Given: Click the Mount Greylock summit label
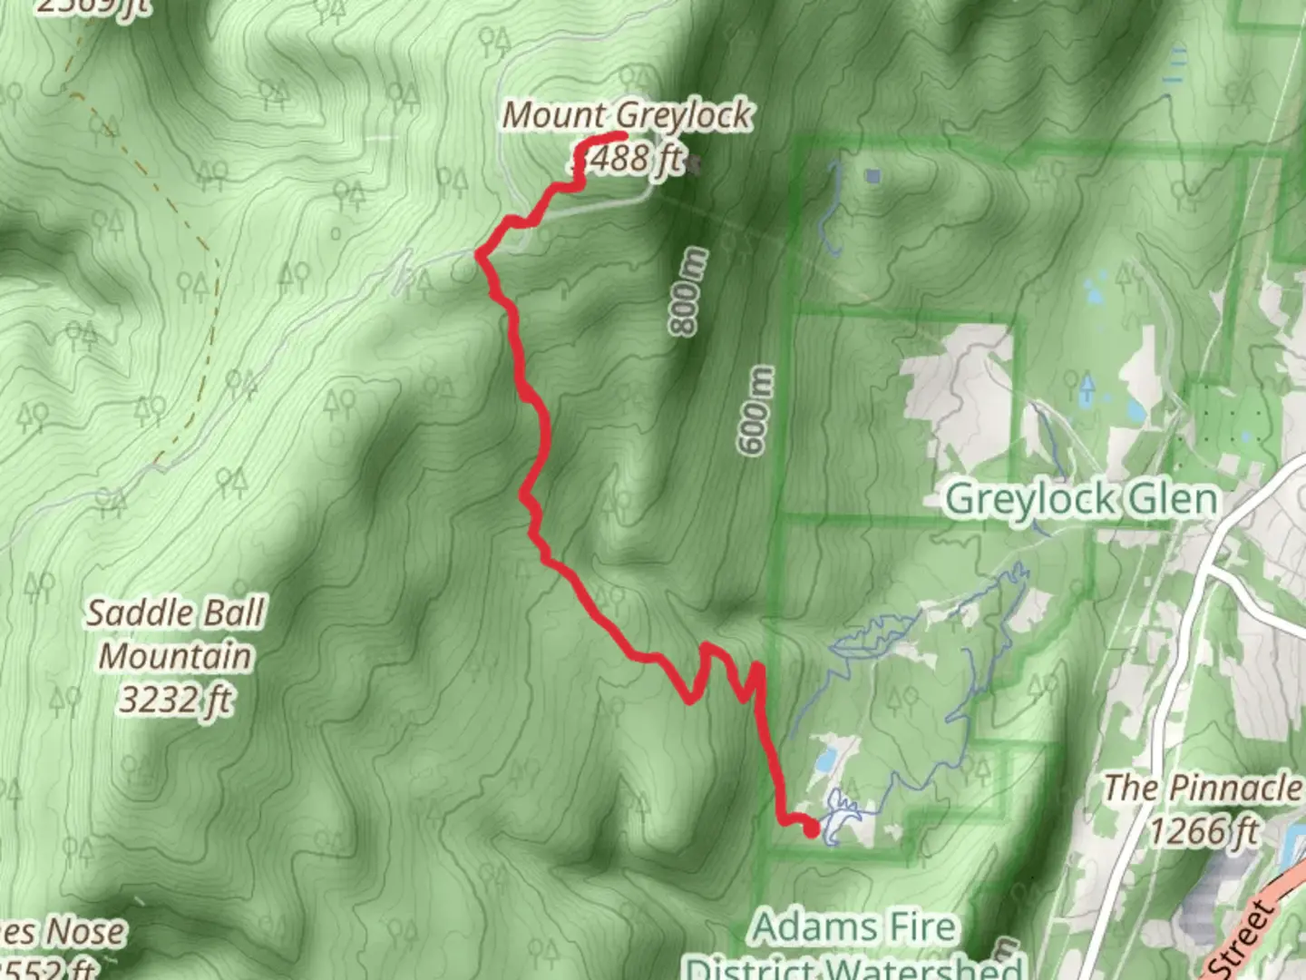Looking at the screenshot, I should [x=627, y=116].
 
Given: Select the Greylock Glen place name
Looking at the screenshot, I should [x=1081, y=499].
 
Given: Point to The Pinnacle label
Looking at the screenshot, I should [x=1203, y=788].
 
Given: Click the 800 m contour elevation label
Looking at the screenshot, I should [x=687, y=290].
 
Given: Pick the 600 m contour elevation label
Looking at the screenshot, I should [x=756, y=410].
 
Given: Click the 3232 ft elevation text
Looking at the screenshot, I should [x=175, y=700].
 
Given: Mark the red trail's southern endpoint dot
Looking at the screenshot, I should [x=811, y=827].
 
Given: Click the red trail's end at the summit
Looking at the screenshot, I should [x=624, y=137].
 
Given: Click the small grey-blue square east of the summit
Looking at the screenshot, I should [x=872, y=176].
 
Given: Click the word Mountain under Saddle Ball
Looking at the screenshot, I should [x=175, y=656].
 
